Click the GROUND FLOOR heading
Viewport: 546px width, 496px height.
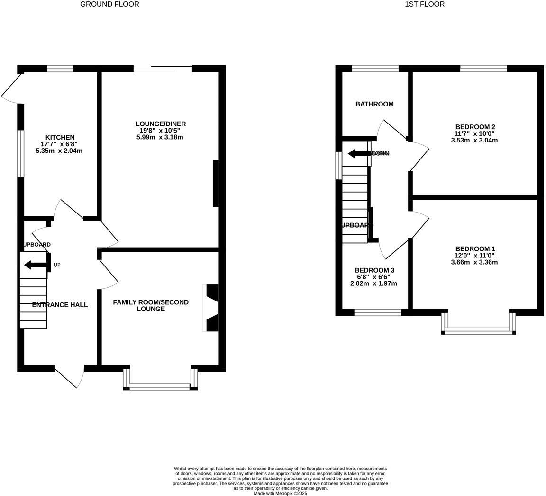(109, 4)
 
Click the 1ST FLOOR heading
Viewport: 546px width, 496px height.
(424, 4)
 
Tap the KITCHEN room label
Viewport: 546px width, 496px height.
(60, 137)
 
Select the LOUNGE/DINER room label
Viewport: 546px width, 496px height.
(161, 124)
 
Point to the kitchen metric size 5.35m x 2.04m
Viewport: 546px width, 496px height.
(59, 151)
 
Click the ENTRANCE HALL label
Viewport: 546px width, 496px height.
(60, 305)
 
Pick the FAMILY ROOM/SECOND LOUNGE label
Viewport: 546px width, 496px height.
(151, 305)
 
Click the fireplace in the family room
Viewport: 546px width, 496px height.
(211, 308)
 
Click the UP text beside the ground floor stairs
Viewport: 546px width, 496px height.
(57, 265)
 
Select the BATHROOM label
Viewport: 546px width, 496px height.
(374, 104)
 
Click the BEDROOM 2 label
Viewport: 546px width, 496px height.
(475, 127)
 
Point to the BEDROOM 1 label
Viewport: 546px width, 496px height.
(475, 249)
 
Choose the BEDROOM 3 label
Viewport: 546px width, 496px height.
(374, 270)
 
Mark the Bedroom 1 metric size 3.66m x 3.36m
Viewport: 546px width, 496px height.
(474, 262)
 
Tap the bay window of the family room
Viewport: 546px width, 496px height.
(160, 387)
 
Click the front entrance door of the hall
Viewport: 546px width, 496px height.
(69, 376)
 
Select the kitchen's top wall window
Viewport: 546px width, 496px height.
(60, 69)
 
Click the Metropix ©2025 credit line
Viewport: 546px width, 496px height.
(281, 493)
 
